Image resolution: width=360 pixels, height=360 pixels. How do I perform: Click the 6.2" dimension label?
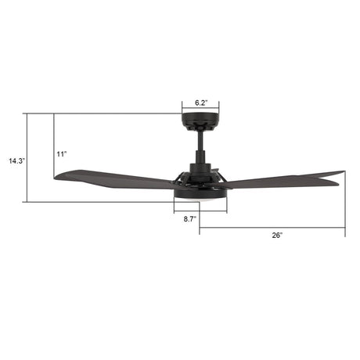point(200,102)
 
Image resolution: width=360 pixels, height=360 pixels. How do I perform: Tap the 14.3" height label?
point(17,161)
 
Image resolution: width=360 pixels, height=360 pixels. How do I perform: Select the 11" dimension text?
point(62,153)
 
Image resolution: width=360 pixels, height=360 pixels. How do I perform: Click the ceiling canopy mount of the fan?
point(200,121)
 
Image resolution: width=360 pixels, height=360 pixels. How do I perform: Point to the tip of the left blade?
point(57,178)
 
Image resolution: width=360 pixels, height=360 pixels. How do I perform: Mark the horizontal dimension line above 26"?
point(272,228)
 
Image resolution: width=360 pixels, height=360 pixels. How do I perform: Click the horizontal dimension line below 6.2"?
point(200,110)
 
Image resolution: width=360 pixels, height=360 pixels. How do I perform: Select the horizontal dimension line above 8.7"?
point(200,212)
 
